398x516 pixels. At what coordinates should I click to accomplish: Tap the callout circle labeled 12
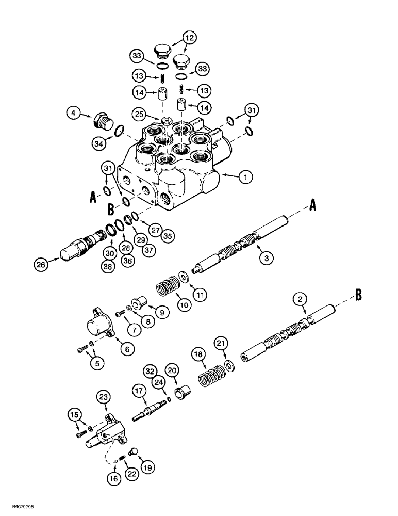pos(189,37)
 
